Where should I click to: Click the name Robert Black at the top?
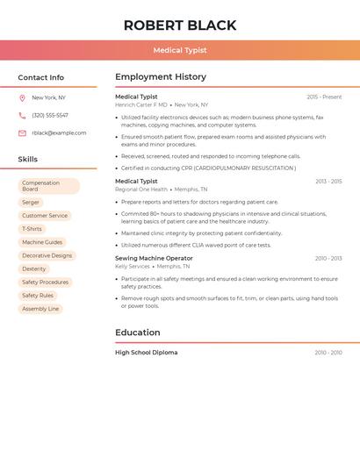point(179,25)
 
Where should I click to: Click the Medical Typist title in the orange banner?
point(179,50)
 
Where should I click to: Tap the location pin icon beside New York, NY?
point(22,98)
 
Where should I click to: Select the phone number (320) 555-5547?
point(50,116)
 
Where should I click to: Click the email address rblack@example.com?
point(59,133)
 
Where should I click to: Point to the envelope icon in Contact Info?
point(22,133)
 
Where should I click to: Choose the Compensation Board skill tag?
point(48,186)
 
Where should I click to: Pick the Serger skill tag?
point(31,203)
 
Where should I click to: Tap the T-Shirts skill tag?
point(32,229)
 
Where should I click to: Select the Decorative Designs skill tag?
point(47,255)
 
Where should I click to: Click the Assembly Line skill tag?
point(40,309)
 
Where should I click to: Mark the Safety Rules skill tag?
point(38,296)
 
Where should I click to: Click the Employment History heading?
point(161,77)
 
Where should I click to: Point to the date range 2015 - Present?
point(324,97)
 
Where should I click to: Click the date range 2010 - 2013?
point(328,259)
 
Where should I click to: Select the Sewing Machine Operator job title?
point(154,259)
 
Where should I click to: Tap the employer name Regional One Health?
point(141,190)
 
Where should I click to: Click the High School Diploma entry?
point(146,353)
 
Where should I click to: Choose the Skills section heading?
point(28,160)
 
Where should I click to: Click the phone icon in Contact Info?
point(22,116)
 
